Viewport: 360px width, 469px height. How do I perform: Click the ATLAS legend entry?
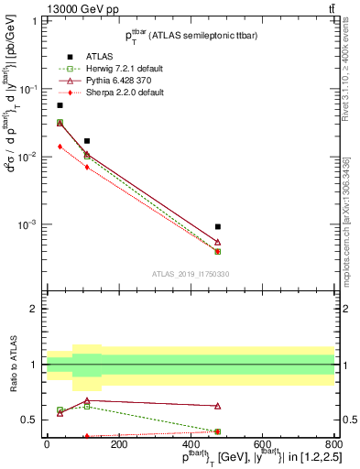coord(88,56)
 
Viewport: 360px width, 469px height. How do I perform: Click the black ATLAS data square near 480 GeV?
coord(218,226)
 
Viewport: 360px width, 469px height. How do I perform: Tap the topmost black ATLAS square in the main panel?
coord(60,105)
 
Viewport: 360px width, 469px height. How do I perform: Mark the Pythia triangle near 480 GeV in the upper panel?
coord(218,242)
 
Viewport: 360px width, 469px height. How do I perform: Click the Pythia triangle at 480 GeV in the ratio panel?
coord(218,405)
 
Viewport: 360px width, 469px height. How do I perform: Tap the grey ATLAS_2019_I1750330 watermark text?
coord(191,274)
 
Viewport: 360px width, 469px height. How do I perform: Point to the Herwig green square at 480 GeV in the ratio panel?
coord(218,431)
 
